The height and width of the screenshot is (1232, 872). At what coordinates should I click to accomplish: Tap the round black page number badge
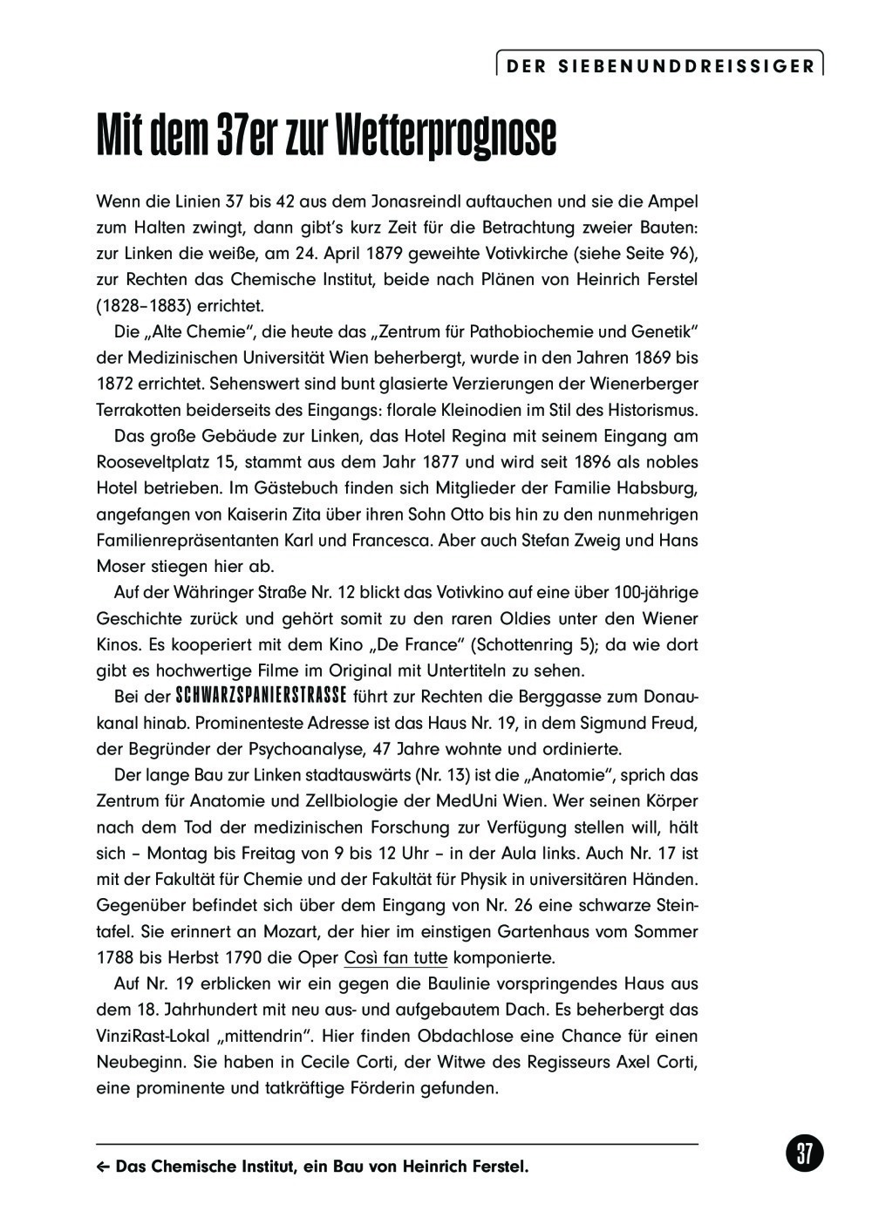(804, 1154)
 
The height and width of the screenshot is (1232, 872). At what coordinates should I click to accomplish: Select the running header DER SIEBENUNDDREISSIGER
(660, 65)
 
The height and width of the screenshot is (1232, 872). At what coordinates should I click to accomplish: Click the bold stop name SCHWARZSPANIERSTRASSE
(261, 697)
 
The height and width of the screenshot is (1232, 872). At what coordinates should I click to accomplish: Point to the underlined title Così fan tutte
(396, 958)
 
